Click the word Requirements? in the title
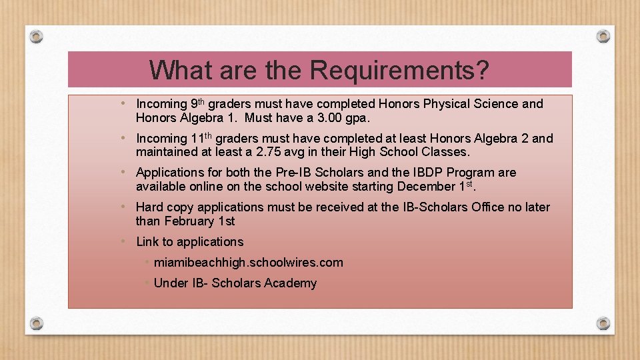[399, 70]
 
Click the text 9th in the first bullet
[197, 103]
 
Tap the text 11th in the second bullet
[201, 138]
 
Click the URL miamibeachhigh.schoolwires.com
[248, 262]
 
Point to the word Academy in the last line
[290, 283]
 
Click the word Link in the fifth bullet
[147, 241]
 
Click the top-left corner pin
[37, 35]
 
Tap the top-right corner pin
[603, 35]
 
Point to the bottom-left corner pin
[37, 323]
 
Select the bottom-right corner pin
[603, 323]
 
